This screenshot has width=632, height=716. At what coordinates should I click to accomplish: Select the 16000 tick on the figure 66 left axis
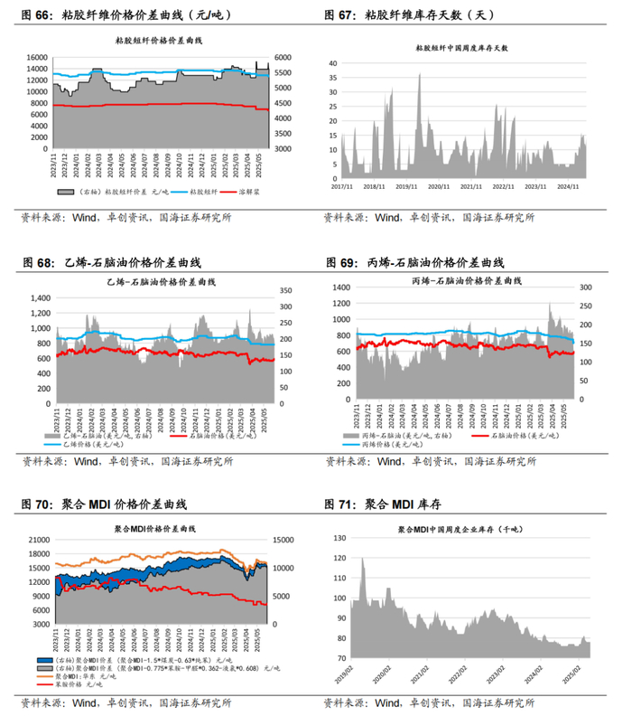pyautogui.click(x=35, y=57)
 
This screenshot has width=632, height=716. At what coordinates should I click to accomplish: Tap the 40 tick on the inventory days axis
pyautogui.click(x=332, y=64)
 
